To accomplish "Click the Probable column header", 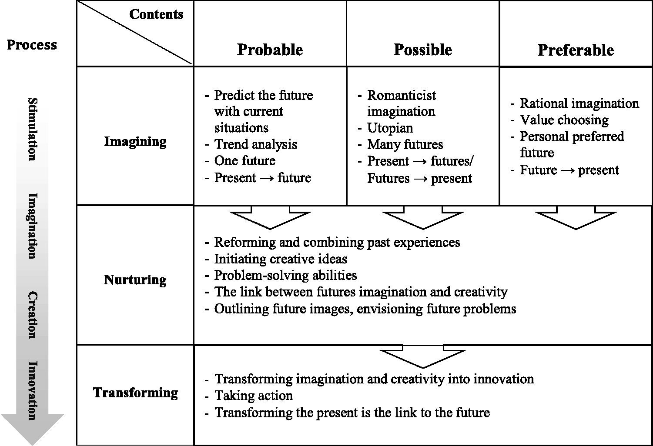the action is coord(270,50).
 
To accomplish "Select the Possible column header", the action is coord(423,50).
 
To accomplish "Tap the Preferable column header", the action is coord(576,50).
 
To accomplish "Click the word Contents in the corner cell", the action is coord(156,14).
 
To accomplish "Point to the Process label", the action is coord(32,45).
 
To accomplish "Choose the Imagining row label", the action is coord(135,142).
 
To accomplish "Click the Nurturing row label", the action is coord(135,280).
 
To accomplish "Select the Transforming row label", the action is coord(136,393).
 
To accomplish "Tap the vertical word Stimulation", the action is coord(33,129).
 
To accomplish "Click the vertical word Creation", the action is coord(33,315).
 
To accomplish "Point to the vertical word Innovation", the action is coord(33,390).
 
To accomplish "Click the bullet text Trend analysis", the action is coord(256,144).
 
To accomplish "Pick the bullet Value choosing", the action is coord(564,120).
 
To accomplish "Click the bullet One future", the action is coord(245,160).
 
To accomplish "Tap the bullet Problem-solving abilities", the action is coord(285,276).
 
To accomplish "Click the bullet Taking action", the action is coord(254,396).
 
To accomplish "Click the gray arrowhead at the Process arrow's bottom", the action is coord(32,429).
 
